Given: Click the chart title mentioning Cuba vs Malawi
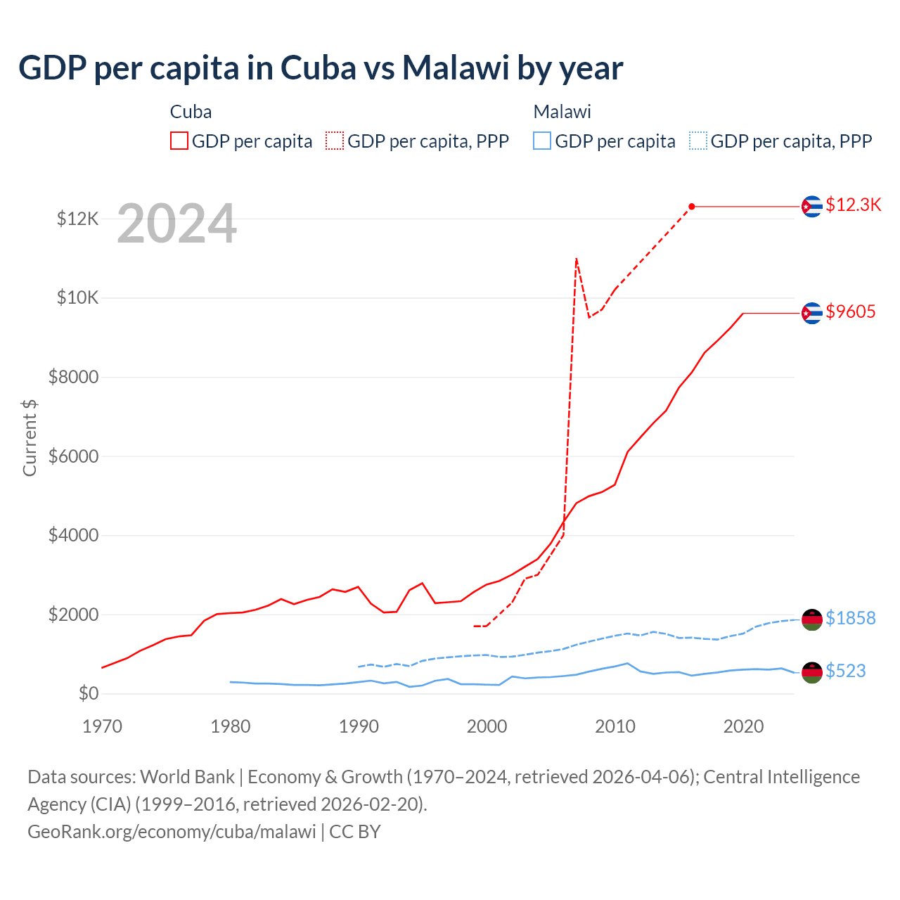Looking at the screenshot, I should point(321,68).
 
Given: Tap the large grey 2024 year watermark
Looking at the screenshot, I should point(176,224).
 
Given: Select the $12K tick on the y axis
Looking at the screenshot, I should point(77,219).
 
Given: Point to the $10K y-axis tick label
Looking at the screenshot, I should point(77,297).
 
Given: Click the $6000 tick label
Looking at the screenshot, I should point(73,456).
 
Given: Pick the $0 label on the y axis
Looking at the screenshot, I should point(88,694).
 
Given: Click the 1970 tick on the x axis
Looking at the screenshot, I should point(103,726).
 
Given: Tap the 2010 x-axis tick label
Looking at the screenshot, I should point(615,726).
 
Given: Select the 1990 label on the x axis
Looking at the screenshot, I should point(359,726).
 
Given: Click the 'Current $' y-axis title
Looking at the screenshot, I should point(30,437).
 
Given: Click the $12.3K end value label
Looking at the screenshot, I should point(853,205).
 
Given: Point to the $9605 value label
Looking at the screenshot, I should point(850,311).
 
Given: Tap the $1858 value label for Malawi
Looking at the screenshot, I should point(850,618).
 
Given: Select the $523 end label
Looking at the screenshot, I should point(845,671).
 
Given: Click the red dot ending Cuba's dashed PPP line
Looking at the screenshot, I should point(692,206).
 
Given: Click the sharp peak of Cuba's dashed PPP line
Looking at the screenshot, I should point(577,259).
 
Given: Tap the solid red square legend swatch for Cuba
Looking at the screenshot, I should point(179,141).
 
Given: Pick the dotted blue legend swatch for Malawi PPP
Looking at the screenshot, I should point(698,141).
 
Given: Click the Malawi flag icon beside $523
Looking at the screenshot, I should point(812,672).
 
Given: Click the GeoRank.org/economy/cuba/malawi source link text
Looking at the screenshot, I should point(172,832).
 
